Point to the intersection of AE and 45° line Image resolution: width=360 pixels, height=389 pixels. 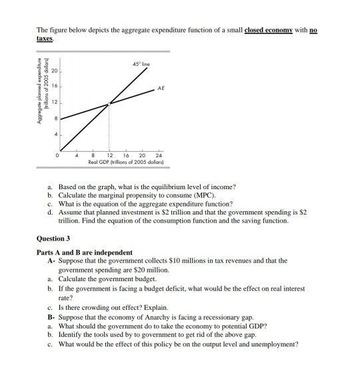[x=109, y=103]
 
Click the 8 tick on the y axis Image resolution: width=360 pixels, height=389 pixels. [x=57, y=119]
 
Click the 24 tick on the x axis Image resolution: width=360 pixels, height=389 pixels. [x=158, y=155]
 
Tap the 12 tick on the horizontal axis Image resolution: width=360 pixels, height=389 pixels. [x=109, y=155]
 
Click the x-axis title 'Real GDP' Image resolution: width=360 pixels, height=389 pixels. [x=111, y=163]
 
